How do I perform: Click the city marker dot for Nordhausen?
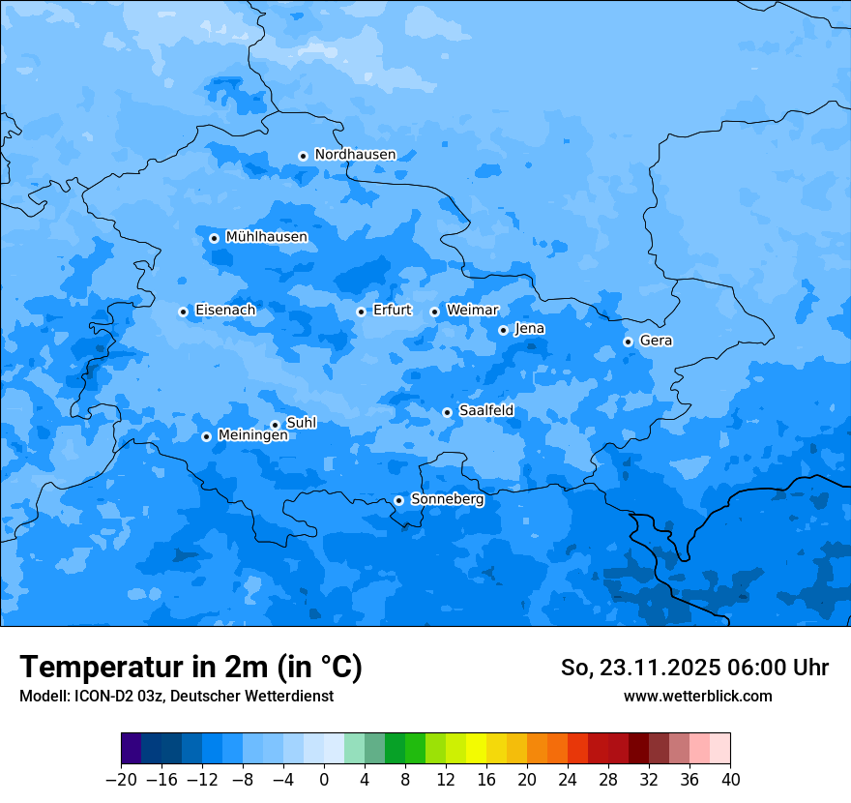tap(303, 156)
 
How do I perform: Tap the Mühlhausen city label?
tap(266, 237)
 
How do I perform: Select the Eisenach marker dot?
tap(183, 312)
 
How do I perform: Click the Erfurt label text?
tap(392, 311)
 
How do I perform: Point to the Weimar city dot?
tap(434, 312)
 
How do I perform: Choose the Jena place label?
tap(529, 329)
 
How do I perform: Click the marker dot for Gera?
tap(628, 342)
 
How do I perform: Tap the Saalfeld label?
tap(485, 411)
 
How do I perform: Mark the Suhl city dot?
tap(275, 425)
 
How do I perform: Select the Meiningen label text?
tap(252, 435)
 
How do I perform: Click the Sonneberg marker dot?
tap(398, 500)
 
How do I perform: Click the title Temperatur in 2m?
tap(191, 667)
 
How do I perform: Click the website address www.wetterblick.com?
tap(697, 697)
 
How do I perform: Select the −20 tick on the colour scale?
tap(121, 780)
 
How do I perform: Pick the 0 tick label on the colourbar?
tap(324, 780)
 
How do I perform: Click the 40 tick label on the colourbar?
tap(730, 780)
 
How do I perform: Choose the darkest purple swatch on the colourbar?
tap(131, 749)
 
